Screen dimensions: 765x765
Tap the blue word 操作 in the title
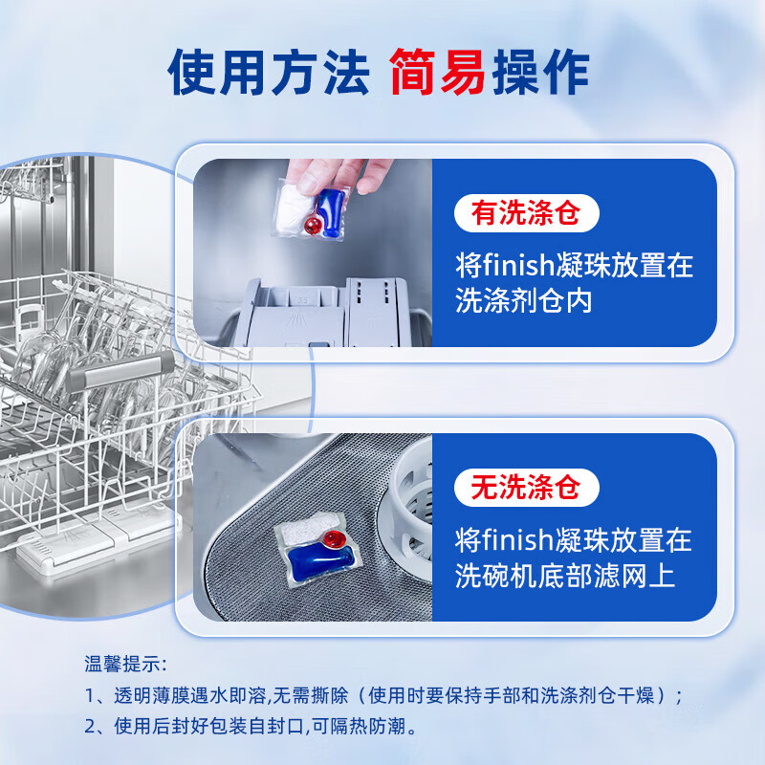click(540, 73)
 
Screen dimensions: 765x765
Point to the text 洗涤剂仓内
click(524, 301)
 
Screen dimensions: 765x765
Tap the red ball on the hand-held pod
click(313, 224)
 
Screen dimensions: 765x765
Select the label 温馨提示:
click(124, 663)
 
